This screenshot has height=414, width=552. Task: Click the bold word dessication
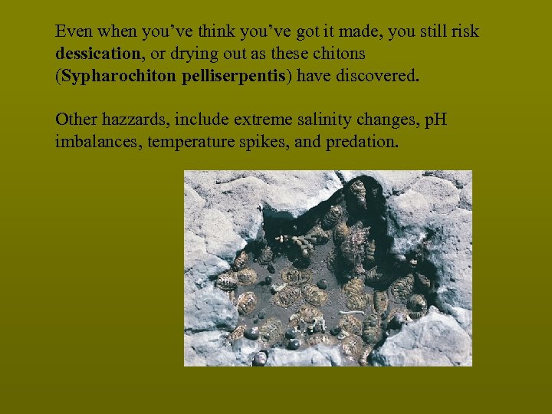97,55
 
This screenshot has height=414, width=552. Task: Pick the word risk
463,33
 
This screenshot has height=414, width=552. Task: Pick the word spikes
263,142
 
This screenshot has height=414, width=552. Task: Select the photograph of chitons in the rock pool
327,268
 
